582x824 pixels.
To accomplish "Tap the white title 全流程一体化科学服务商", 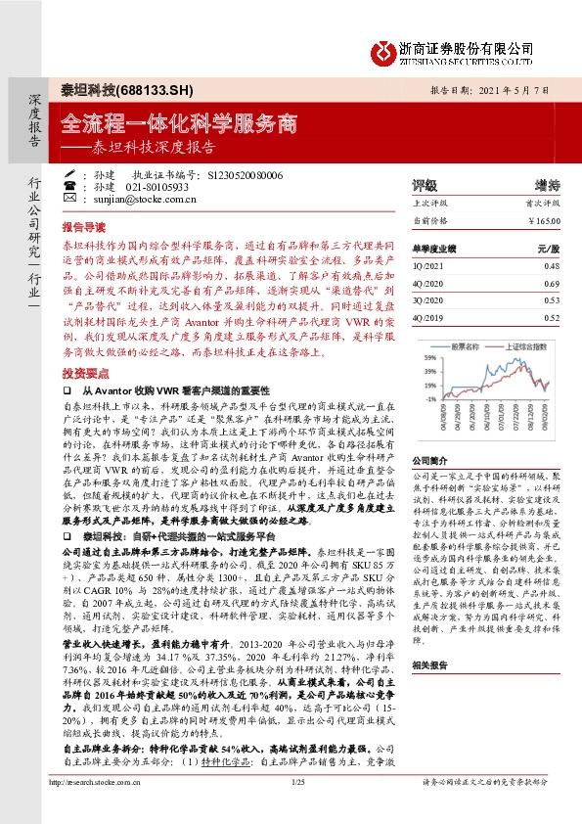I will [x=178, y=123].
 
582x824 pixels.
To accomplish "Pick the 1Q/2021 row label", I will [x=426, y=265].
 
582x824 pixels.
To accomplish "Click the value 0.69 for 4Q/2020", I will [x=551, y=282].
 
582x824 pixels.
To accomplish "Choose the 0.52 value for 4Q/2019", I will [x=551, y=318].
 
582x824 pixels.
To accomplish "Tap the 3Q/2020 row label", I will [x=427, y=300].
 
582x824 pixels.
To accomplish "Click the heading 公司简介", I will [x=429, y=460].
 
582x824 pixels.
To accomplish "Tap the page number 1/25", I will [x=298, y=809].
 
